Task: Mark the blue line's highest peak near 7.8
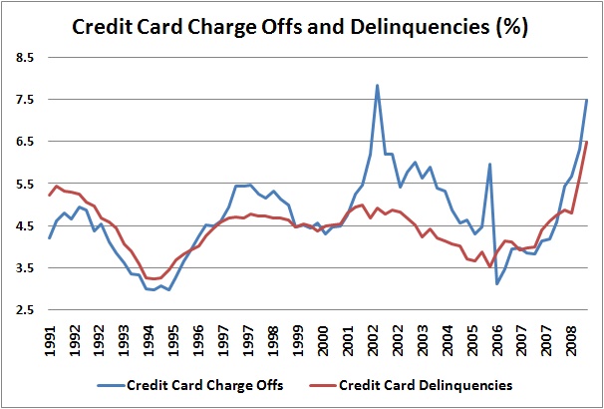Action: pyautogui.click(x=377, y=86)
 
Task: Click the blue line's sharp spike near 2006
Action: pyautogui.click(x=489, y=164)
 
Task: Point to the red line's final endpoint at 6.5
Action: pyautogui.click(x=587, y=142)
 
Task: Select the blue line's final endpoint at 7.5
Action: pyautogui.click(x=587, y=100)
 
